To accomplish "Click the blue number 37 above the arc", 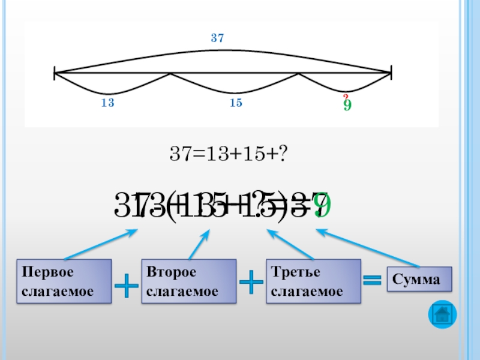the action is tap(217, 38).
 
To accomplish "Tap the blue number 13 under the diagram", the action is tap(108, 103).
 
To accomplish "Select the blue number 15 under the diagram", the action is tap(236, 103).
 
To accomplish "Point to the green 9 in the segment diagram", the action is tap(347, 106).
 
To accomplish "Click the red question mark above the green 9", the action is tap(346, 97).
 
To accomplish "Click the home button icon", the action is tap(443, 314).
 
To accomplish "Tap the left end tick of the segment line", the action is tap(55, 74).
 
